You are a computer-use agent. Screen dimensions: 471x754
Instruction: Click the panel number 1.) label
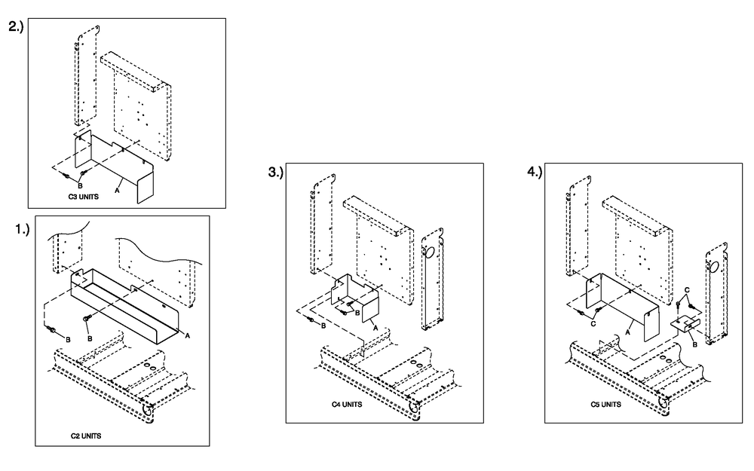[22, 231]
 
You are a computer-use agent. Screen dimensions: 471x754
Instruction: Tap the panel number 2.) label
[16, 27]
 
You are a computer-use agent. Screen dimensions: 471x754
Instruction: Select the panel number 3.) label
[275, 173]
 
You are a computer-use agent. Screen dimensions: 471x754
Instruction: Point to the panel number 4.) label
[535, 173]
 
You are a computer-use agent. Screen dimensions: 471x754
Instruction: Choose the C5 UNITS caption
[605, 405]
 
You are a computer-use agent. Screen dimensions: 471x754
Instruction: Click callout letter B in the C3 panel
[80, 185]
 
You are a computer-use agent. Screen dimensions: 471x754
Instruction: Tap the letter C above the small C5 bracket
[686, 290]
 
